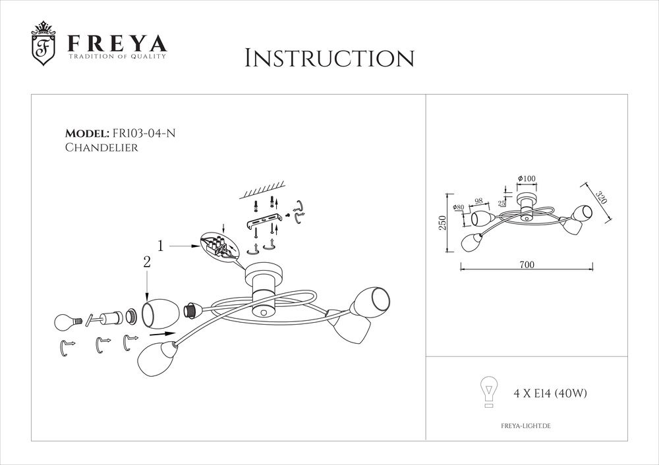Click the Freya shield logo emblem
(43, 45)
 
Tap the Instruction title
(329, 58)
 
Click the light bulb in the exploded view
(66, 323)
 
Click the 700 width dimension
(526, 265)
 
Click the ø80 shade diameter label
(459, 209)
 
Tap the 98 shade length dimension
(478, 201)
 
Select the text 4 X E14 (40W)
(550, 394)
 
